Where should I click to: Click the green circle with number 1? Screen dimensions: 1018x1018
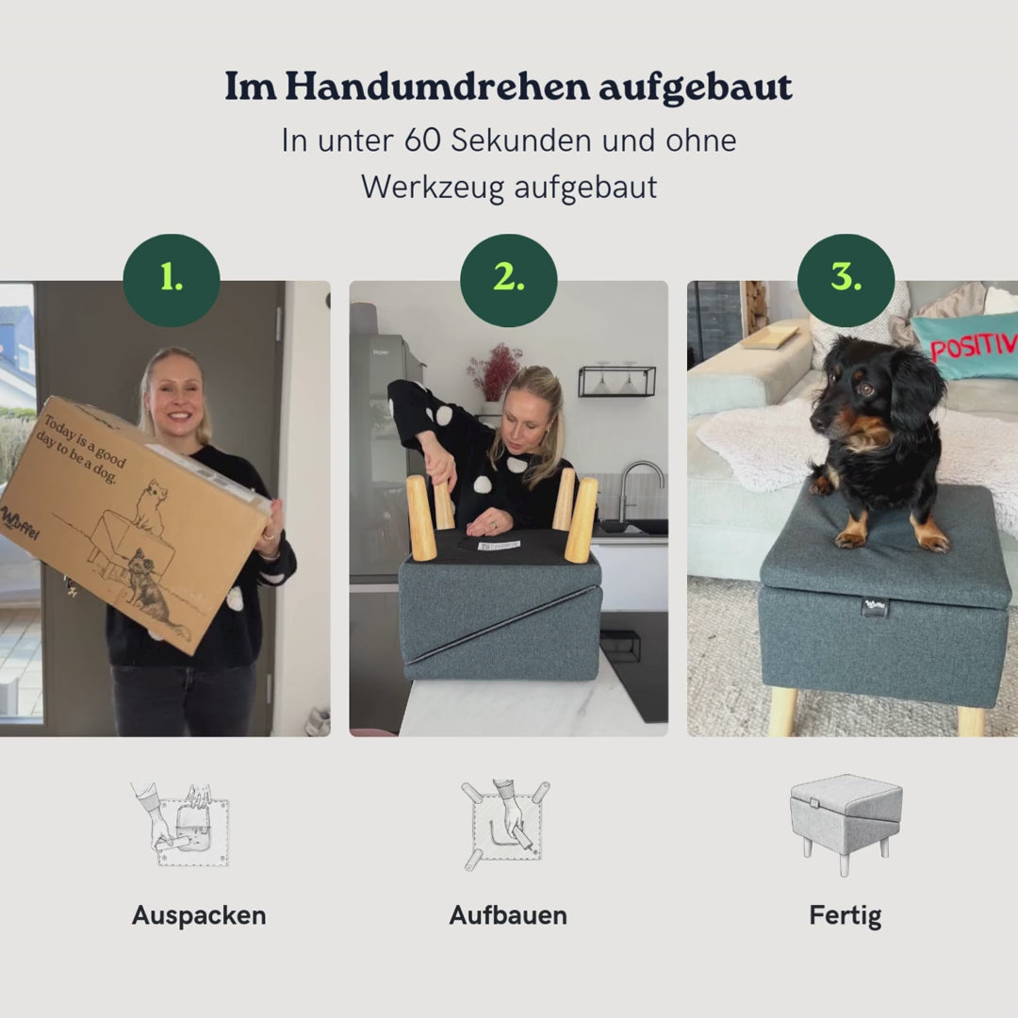[x=172, y=280]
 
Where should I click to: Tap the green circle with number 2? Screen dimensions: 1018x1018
[x=509, y=280]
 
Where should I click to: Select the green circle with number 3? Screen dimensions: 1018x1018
[x=846, y=280]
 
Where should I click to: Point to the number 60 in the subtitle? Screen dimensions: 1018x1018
[x=423, y=140]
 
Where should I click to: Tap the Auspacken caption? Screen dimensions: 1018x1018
[x=199, y=915]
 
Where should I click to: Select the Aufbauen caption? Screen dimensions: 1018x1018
[x=508, y=915]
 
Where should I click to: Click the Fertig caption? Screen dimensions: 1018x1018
[x=846, y=915]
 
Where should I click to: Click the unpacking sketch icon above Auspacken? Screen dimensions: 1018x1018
[x=181, y=824]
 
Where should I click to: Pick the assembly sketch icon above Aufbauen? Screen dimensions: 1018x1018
[x=506, y=824]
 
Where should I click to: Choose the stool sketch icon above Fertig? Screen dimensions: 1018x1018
[x=846, y=824]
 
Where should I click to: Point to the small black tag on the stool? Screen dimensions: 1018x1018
[x=874, y=607]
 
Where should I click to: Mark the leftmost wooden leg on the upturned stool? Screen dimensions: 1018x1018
[x=420, y=517]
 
